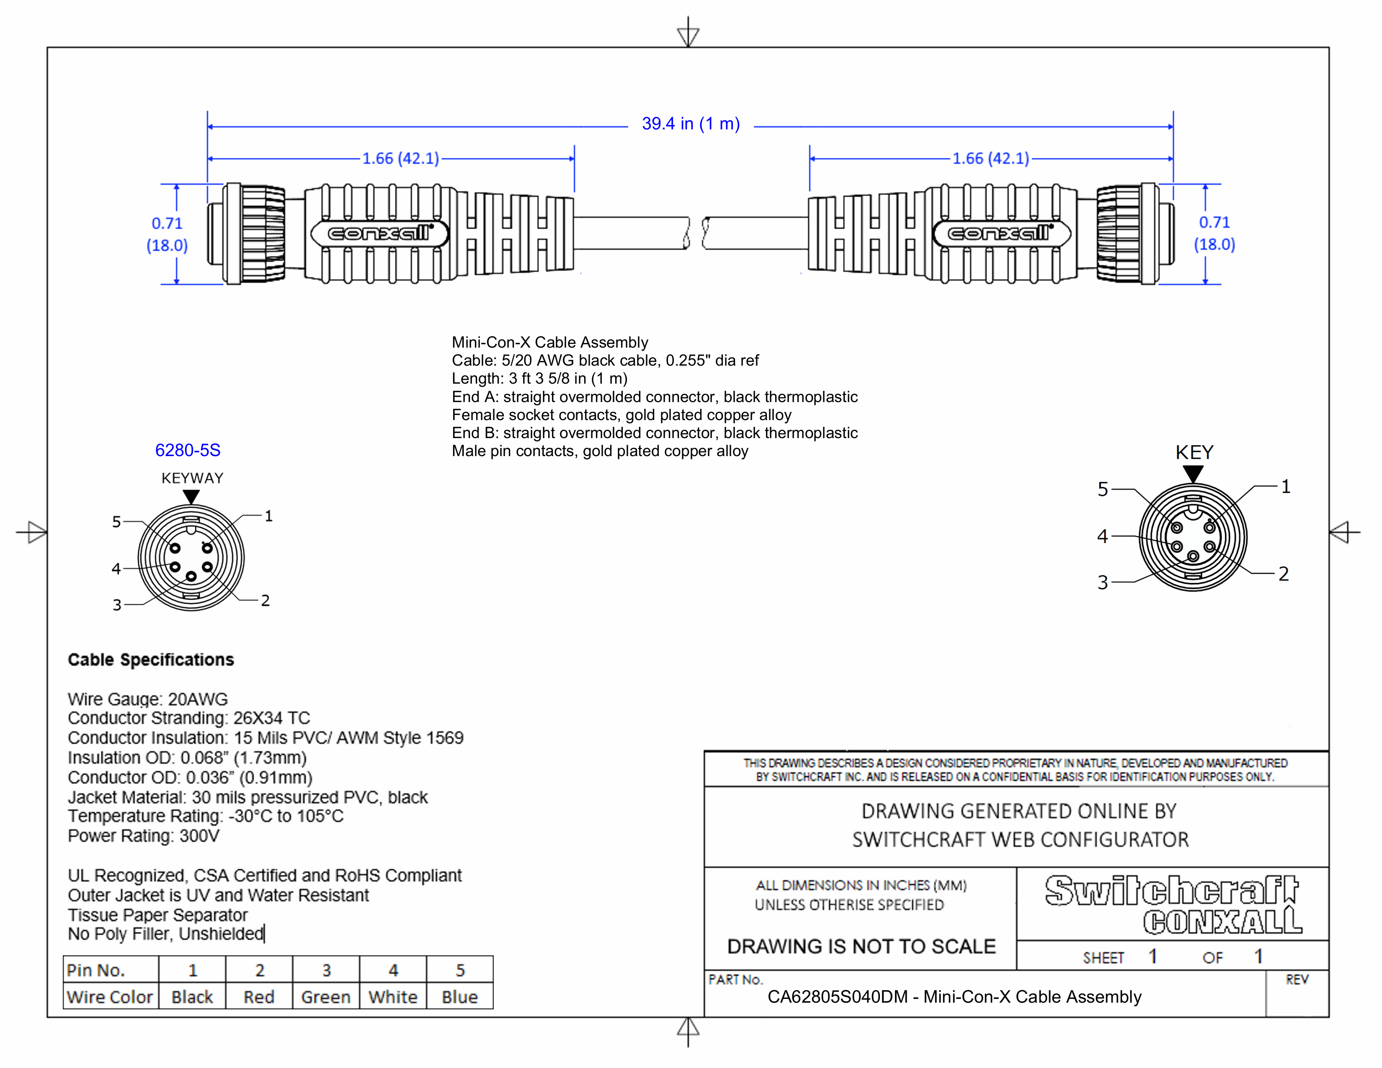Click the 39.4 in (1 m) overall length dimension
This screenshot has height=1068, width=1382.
point(690,124)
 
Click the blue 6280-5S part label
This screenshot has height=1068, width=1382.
point(188,451)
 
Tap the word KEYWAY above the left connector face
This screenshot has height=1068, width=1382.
point(192,478)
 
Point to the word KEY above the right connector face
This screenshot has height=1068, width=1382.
point(1194,452)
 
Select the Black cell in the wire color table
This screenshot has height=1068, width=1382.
point(192,997)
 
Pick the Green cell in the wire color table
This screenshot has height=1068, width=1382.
point(326,997)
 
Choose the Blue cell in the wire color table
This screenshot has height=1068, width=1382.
point(460,997)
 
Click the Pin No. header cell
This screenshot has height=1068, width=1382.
point(96,970)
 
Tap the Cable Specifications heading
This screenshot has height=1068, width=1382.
point(151,660)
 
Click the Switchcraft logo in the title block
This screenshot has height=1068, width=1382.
point(1171,891)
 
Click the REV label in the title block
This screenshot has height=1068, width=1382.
point(1297,980)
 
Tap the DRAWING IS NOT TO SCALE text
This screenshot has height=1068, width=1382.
point(861,947)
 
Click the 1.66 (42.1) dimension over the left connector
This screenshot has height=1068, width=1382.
point(400,158)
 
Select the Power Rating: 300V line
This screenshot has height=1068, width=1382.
point(144,836)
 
